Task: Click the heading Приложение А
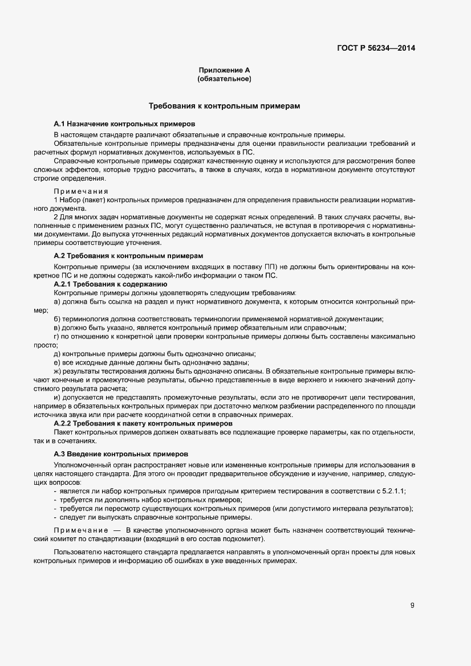tap(224, 70)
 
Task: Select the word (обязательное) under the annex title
tap(224, 79)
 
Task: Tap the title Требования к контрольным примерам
tap(224, 106)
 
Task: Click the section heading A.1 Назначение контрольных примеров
tap(124, 123)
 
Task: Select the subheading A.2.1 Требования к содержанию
tap(109, 283)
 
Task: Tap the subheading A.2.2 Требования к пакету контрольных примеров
tap(143, 424)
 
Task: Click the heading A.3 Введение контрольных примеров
tap(120, 454)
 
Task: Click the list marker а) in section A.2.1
tap(56, 300)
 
